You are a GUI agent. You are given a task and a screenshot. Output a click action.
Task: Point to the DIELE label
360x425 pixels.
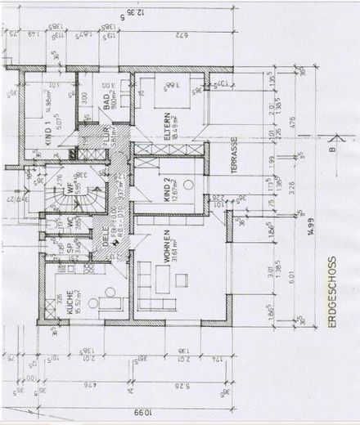(x=107, y=237)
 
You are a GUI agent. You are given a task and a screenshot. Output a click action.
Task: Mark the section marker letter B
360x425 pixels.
(x=331, y=150)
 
